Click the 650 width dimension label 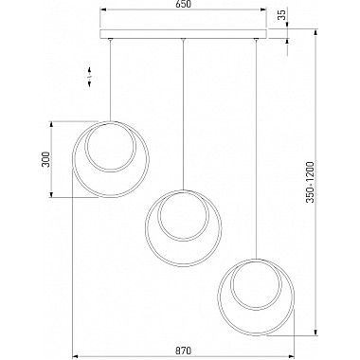[x=183, y=5]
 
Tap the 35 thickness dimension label [x=283, y=14]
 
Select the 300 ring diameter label [x=46, y=159]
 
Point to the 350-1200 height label [x=311, y=182]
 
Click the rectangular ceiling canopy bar [x=184, y=34]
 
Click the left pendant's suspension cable [x=110, y=81]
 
